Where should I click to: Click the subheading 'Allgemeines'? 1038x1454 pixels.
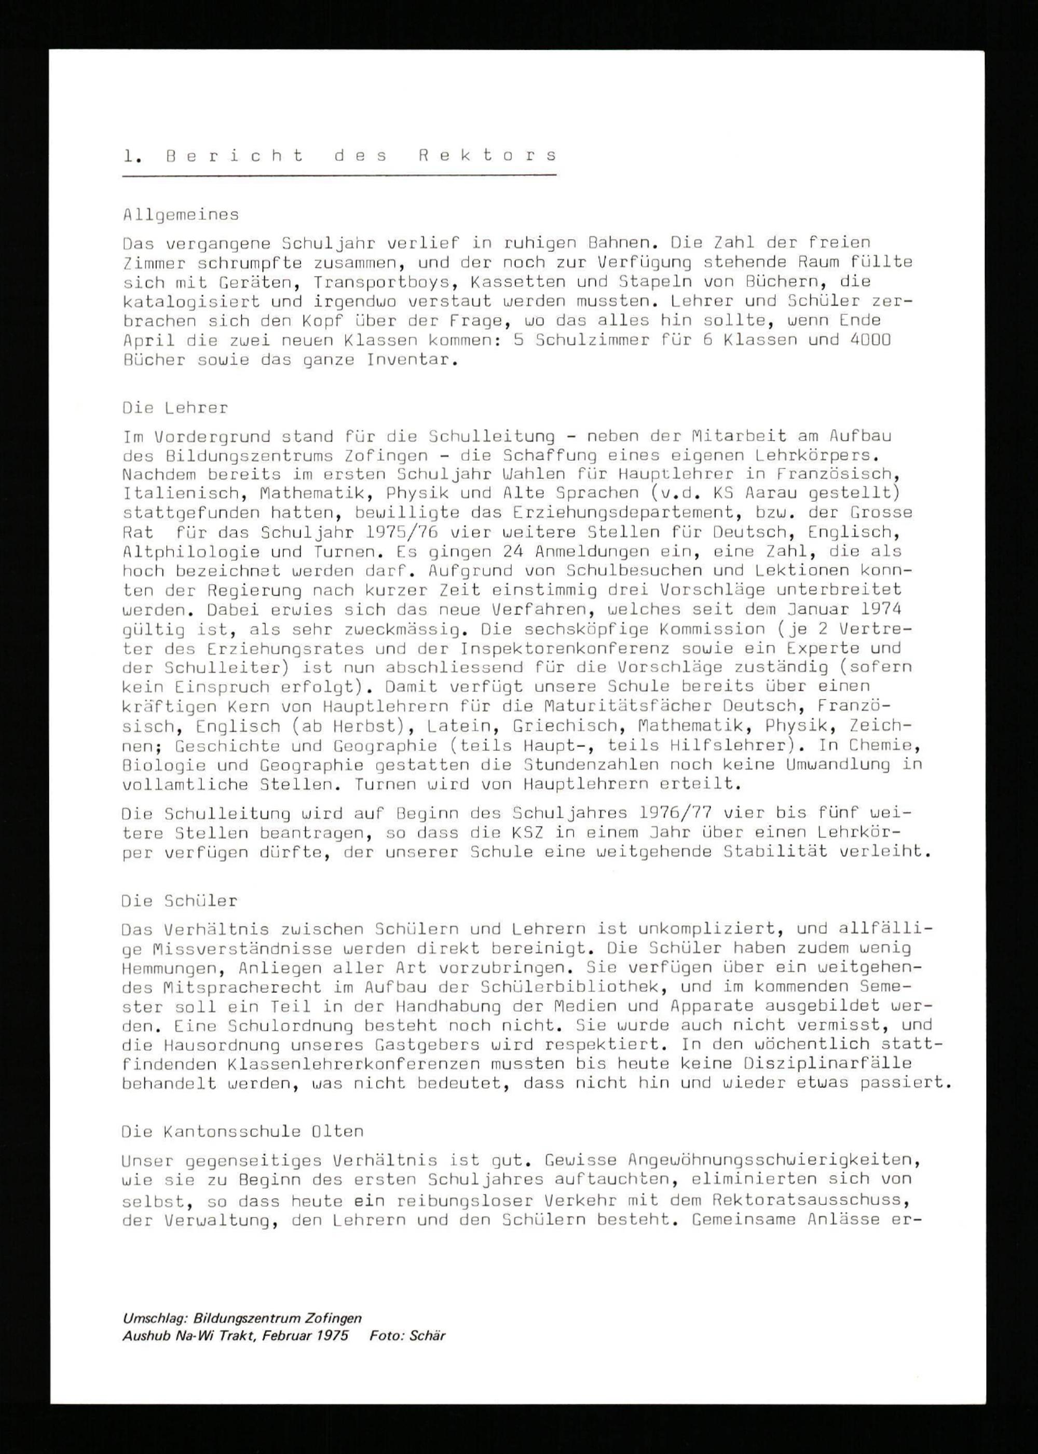181,215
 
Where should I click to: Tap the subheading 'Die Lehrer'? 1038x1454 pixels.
175,408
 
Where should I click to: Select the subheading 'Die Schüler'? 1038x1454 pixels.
180,901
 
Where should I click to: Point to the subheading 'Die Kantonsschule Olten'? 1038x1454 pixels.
242,1131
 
